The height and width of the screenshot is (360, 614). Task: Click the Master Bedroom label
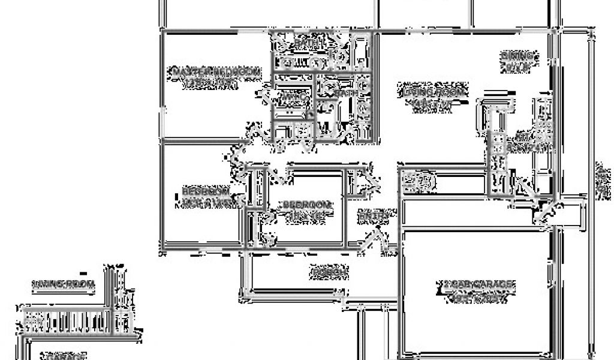pyautogui.click(x=216, y=73)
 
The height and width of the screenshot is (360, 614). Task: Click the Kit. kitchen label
pyautogui.click(x=516, y=137)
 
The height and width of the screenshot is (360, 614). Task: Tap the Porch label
pyautogui.click(x=329, y=272)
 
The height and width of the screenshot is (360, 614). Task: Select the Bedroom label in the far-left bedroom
pyautogui.click(x=205, y=191)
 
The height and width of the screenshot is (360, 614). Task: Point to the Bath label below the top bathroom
pyautogui.click(x=347, y=93)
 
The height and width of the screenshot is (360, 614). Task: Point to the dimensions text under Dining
pyautogui.click(x=519, y=67)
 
